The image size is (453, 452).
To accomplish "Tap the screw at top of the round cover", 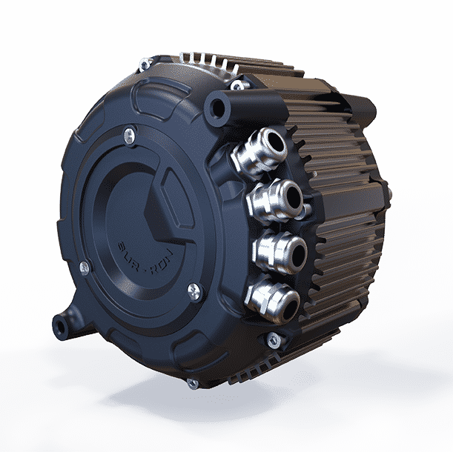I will (x=130, y=133).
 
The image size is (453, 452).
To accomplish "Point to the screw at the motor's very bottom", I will (x=193, y=384).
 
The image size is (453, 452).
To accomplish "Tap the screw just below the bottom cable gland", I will (x=274, y=341).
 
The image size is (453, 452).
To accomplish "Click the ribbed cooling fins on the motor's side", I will (x=341, y=222).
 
